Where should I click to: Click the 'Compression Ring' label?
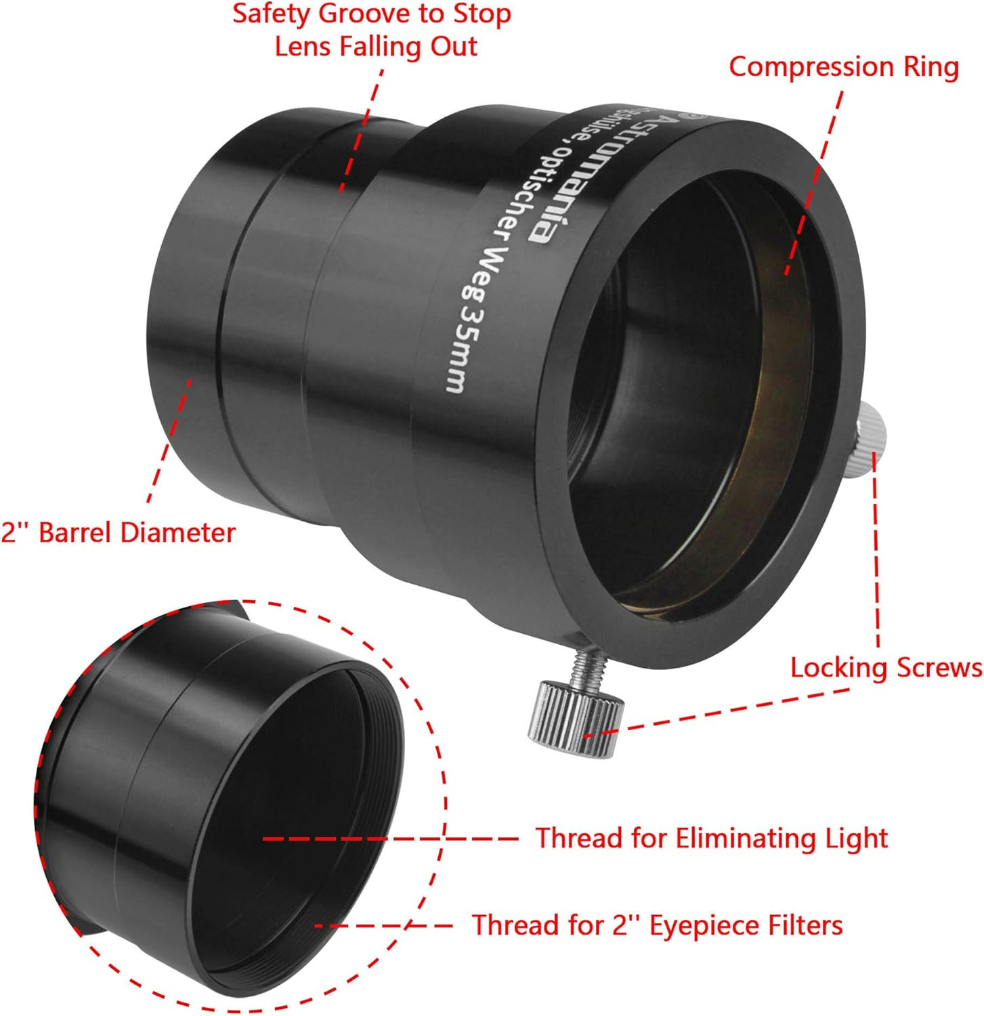click(x=843, y=67)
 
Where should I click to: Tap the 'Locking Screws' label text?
click(x=886, y=668)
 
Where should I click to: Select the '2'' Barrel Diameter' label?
click(x=118, y=532)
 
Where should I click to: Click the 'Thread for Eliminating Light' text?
click(x=712, y=839)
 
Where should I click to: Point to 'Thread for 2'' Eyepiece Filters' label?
click(x=657, y=925)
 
